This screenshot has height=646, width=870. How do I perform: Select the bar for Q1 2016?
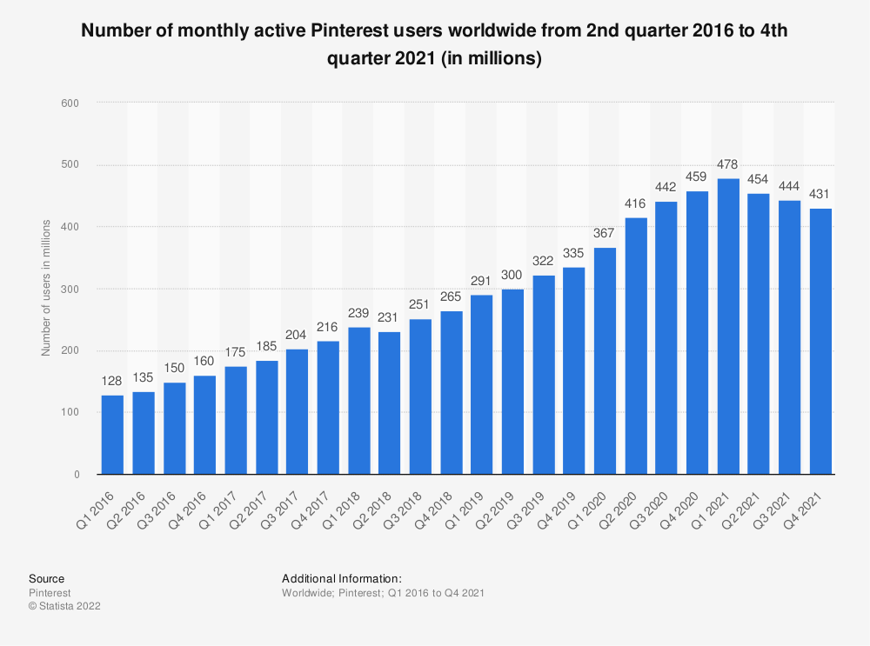[x=112, y=435]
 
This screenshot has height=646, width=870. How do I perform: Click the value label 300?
[x=512, y=276]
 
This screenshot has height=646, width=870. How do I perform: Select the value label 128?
[x=112, y=383]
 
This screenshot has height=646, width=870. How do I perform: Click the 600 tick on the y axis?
[x=70, y=103]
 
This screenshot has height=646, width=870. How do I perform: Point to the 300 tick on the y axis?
[x=70, y=289]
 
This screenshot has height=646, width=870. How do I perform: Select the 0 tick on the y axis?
[x=77, y=475]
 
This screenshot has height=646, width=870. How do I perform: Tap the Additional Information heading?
[x=341, y=578]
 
